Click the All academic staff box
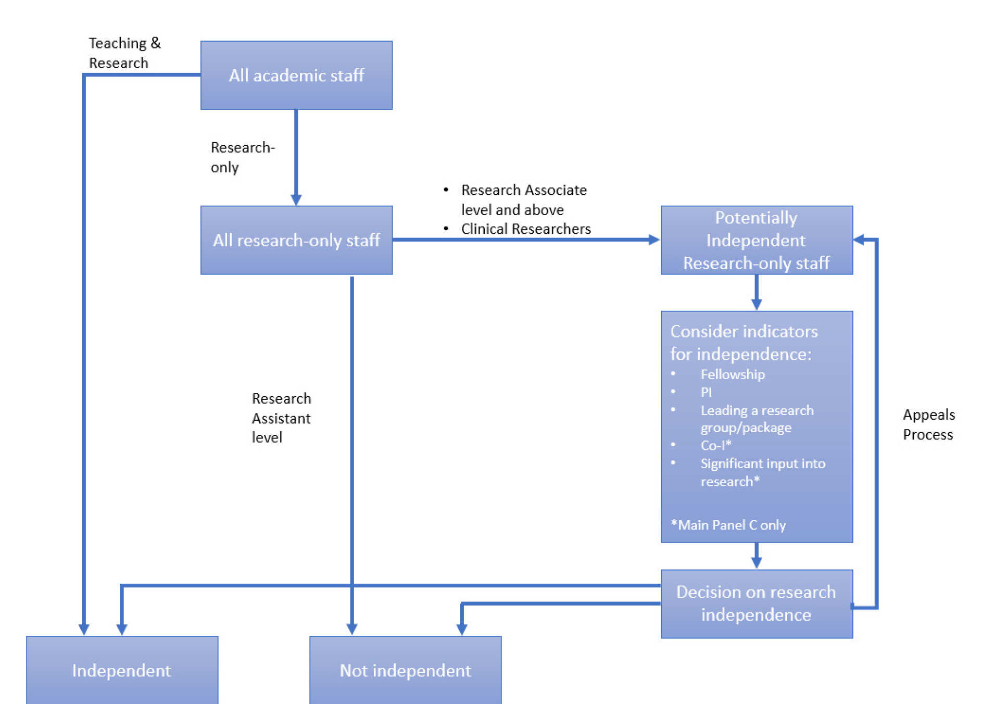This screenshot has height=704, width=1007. coord(296,75)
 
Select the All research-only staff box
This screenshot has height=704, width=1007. coord(296,240)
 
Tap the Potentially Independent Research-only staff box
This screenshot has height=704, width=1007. coord(756,240)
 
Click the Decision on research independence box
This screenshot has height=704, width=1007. coord(756,604)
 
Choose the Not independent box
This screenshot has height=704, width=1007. coord(405,670)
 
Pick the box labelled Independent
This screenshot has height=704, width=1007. coord(121,670)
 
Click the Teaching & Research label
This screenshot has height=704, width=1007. coord(124,53)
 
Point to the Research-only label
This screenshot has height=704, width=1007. coord(242,157)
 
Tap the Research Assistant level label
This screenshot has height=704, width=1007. coord(281,418)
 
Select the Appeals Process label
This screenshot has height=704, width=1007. coord(928,424)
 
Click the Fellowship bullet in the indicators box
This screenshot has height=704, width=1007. coord(732,374)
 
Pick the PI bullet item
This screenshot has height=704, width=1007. coord(706,392)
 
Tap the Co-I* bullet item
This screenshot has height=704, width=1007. coord(715,445)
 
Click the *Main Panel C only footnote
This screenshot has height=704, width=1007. coord(728,525)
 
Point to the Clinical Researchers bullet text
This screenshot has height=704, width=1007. coord(525,229)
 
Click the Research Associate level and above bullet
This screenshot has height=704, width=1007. coord(523,199)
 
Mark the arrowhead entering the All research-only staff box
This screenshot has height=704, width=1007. coord(296,200)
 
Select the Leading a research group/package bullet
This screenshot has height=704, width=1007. coord(756,419)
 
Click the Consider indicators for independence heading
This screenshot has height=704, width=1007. coord(743,343)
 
